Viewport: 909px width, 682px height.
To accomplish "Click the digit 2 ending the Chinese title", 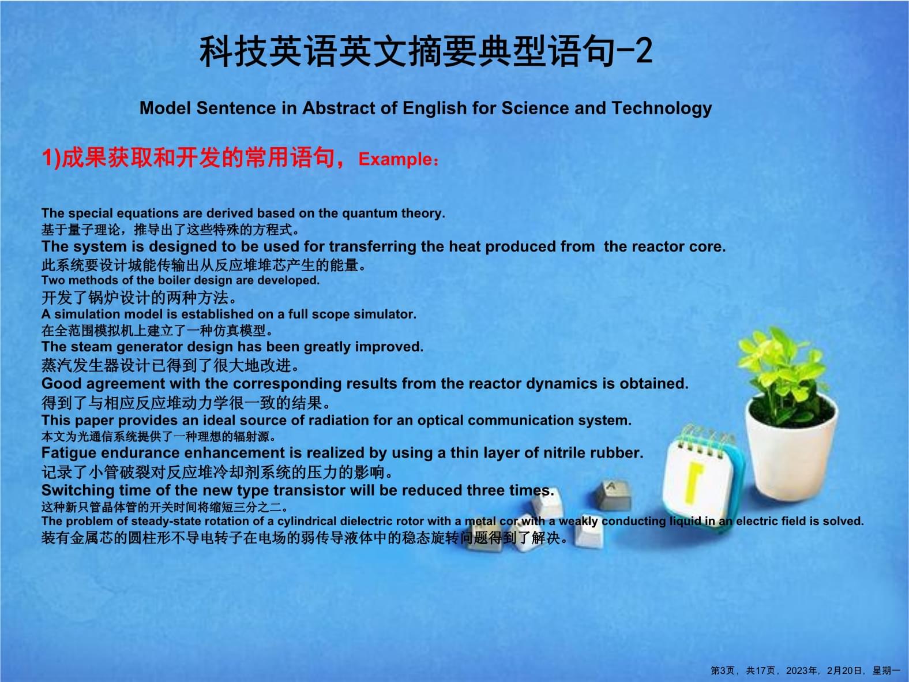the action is (643, 51).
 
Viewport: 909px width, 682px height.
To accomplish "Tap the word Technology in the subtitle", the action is (662, 109).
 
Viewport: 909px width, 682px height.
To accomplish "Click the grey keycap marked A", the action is (613, 494).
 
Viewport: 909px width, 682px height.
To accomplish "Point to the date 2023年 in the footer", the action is (802, 671).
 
